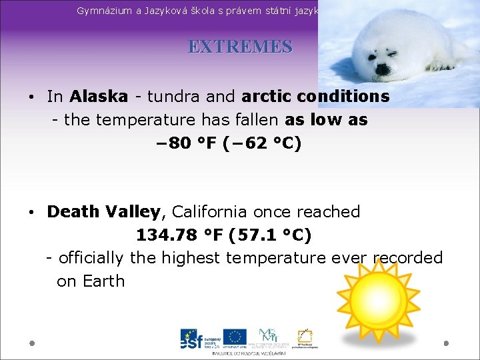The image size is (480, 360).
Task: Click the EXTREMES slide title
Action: click(x=240, y=47)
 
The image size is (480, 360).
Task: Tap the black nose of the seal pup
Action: click(x=383, y=67)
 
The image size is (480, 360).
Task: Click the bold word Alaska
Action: click(x=99, y=97)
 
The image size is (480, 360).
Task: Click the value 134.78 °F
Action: click(x=179, y=235)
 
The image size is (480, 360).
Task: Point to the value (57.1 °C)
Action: click(x=269, y=235)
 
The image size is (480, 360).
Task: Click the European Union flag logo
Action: click(x=235, y=339)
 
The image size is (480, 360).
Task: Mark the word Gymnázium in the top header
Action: click(x=106, y=11)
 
